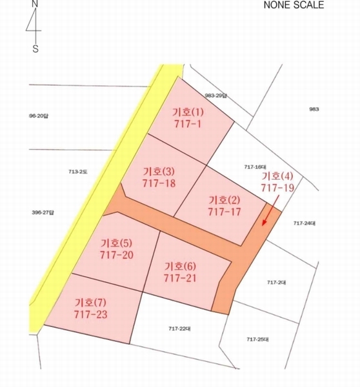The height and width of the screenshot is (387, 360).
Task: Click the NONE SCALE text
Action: coord(294,5)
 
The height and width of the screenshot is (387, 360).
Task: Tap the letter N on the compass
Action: coord(35,4)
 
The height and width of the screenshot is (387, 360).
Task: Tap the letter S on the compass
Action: coord(35,48)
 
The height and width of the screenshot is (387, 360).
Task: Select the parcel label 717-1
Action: coord(188,123)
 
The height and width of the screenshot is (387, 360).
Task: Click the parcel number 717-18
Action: coord(159,183)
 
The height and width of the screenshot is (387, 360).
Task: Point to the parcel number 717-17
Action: coord(225,211)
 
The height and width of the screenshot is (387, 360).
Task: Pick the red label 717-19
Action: coord(277,188)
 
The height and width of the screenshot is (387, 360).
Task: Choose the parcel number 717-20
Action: coord(117,255)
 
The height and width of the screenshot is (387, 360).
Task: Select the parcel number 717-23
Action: coord(91,314)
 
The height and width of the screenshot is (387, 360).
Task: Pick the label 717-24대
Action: coord(303,223)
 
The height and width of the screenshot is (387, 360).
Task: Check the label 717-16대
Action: coord(255,166)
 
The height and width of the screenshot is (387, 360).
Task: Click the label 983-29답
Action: coord(216,95)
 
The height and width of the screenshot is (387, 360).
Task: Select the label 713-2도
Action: coord(78,172)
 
